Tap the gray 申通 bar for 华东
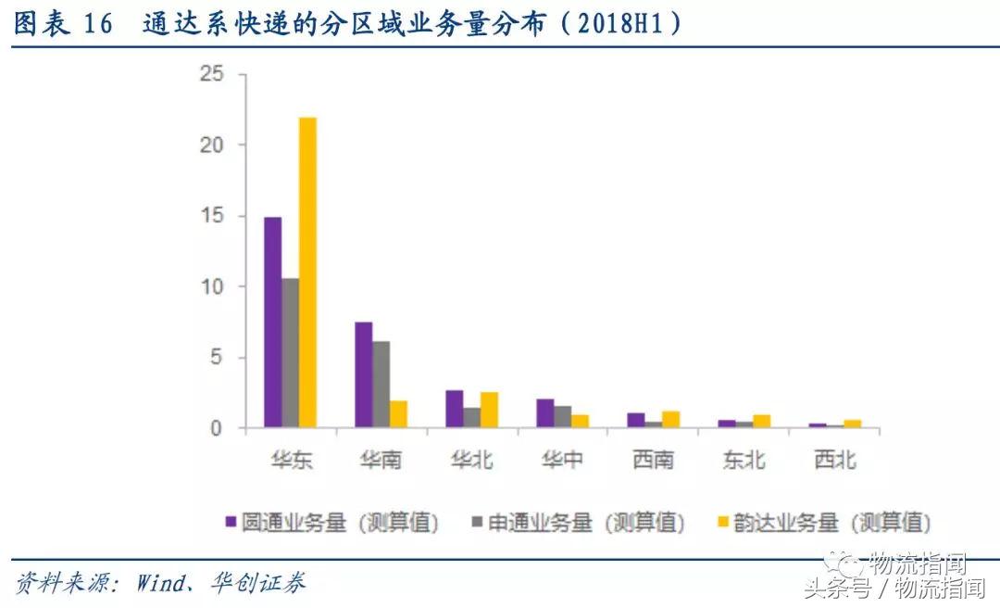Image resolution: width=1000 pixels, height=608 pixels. pyautogui.click(x=290, y=353)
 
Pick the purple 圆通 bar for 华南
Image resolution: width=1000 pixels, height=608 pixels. pyautogui.click(x=363, y=375)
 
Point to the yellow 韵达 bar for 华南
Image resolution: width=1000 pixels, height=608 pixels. pyautogui.click(x=398, y=414)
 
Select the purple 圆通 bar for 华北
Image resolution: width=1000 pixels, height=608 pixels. pyautogui.click(x=454, y=409)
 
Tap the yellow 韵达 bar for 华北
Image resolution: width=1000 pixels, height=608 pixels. pyautogui.click(x=489, y=410)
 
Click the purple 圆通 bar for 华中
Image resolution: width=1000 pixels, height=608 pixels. pyautogui.click(x=544, y=413)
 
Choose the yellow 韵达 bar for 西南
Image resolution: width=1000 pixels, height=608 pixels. pyautogui.click(x=670, y=420)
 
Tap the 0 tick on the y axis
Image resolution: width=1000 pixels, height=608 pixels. pyautogui.click(x=218, y=428)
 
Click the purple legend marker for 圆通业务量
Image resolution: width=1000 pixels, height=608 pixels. pyautogui.click(x=231, y=522)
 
